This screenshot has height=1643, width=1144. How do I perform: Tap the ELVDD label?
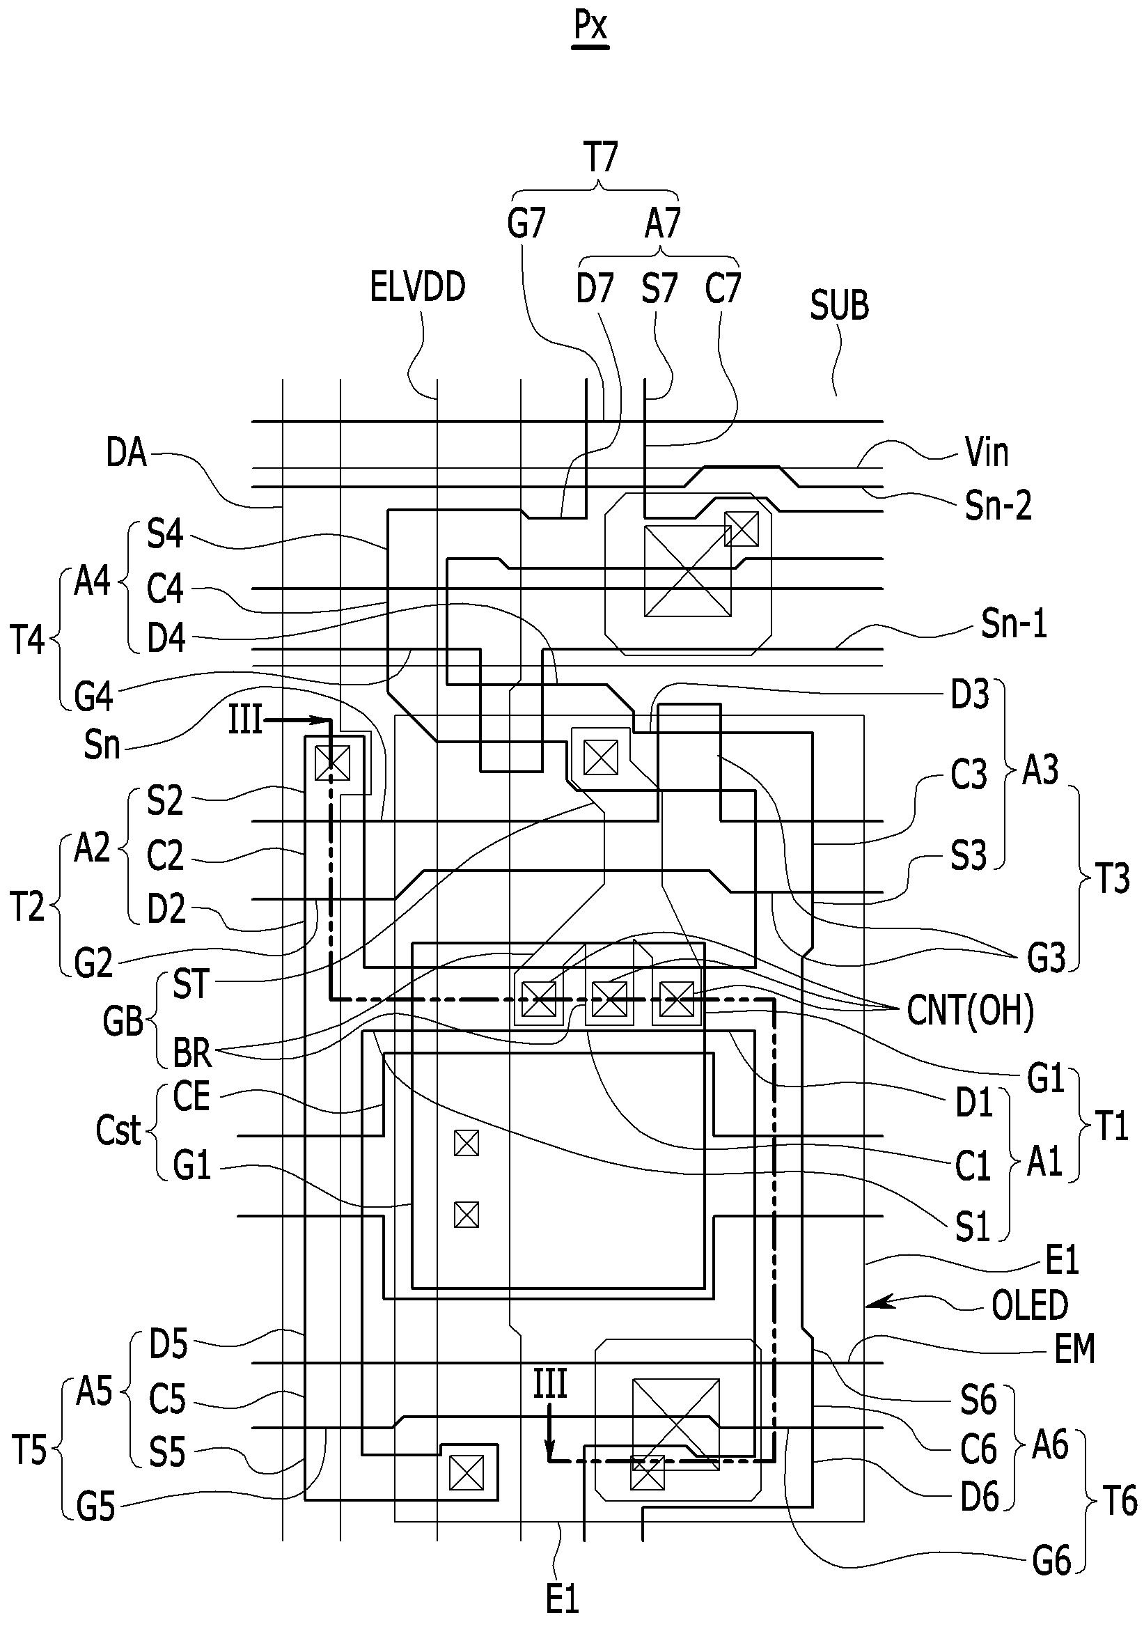(418, 287)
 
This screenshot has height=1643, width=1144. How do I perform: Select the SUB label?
(839, 306)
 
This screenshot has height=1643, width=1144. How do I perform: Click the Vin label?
(987, 452)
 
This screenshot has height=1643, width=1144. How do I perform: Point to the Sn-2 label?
(998, 506)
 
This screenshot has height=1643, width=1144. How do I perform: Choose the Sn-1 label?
(1014, 624)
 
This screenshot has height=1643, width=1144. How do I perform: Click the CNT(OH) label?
(970, 1012)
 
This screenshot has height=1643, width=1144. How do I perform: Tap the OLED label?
(1030, 1305)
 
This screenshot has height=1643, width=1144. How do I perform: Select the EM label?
(1074, 1350)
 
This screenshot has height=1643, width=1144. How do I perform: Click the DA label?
(127, 453)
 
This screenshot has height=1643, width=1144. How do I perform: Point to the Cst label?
(119, 1130)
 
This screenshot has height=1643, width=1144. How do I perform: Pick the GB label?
(123, 1020)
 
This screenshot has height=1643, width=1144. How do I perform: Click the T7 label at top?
(601, 157)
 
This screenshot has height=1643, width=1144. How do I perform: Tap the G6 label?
(1051, 1562)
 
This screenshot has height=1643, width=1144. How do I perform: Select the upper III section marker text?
(245, 720)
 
